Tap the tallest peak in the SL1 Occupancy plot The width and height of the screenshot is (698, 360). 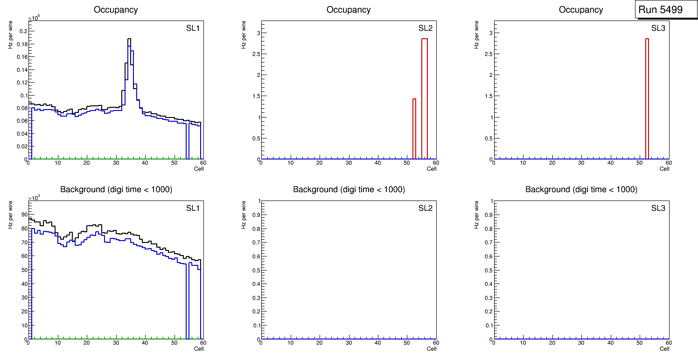point(129,40)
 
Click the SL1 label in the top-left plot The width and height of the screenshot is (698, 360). point(193,28)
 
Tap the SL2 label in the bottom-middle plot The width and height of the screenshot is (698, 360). point(425,208)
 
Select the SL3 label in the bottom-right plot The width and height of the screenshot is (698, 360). point(658,208)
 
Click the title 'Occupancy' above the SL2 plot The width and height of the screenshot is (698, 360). point(349,10)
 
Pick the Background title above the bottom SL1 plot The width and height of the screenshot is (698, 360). point(116,189)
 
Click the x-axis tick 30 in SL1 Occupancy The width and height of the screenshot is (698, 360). point(116,163)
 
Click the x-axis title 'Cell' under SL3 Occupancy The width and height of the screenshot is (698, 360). point(664,169)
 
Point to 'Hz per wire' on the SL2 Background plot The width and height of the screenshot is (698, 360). point(244,214)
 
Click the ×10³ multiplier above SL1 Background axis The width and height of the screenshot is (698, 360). point(35,198)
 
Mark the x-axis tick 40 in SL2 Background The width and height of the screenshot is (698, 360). point(378,343)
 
